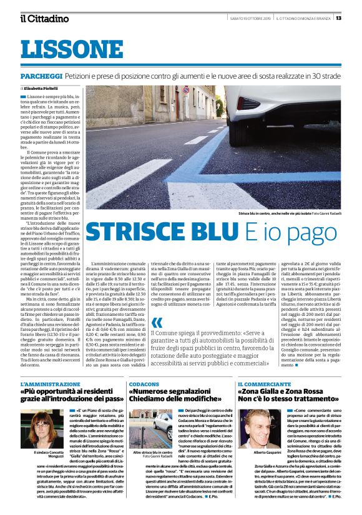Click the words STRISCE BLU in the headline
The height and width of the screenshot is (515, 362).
tap(160, 231)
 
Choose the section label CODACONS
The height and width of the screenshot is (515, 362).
tap(144, 384)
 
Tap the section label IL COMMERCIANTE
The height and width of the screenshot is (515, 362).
tap(263, 384)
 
